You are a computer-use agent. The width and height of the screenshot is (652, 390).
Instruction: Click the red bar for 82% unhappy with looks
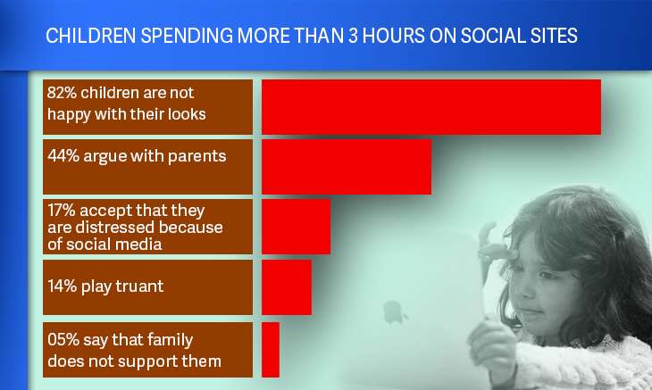(x=431, y=107)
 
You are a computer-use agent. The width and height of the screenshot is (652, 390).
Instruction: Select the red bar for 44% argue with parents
(x=347, y=167)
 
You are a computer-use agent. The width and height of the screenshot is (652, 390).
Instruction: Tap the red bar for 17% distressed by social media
(x=296, y=227)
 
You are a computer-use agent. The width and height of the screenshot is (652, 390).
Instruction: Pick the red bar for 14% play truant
(x=287, y=287)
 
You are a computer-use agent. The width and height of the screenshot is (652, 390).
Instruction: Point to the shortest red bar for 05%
(x=271, y=350)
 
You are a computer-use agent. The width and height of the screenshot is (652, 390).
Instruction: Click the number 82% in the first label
(x=62, y=93)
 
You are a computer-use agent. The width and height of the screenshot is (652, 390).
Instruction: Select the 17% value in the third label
(x=62, y=210)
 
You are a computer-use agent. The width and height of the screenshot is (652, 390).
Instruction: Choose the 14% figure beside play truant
(x=63, y=286)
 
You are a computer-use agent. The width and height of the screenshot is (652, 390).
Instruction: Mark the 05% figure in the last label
(x=63, y=340)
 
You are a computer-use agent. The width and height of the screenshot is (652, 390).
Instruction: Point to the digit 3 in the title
(x=353, y=36)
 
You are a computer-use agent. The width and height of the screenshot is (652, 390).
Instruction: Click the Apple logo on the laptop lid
(x=393, y=312)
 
